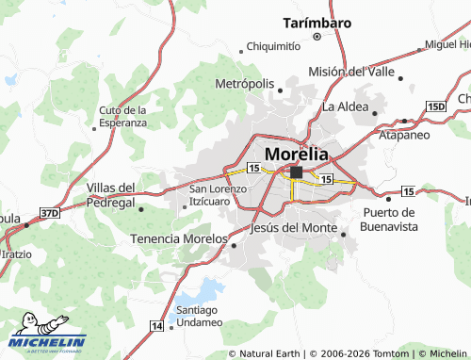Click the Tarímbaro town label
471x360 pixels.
317,23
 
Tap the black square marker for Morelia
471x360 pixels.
296,172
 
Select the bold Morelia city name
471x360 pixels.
298,153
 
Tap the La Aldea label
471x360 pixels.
345,106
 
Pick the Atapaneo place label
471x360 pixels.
405,135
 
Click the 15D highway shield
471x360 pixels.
435,107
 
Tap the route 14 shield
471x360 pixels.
155,325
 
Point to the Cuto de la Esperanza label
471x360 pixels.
123,116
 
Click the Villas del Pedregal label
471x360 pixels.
111,195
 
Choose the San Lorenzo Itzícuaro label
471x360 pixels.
218,195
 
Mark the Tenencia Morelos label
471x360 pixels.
178,238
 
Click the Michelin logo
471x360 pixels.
47,341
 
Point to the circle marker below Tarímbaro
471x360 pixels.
317,37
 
